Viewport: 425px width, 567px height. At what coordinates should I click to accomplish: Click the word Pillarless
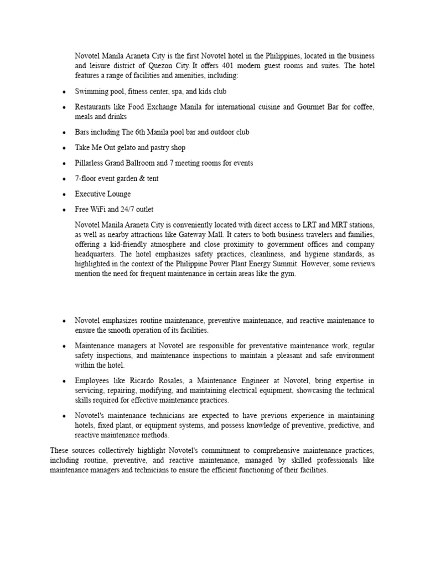91,163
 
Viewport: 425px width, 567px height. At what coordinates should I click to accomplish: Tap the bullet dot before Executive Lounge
65,195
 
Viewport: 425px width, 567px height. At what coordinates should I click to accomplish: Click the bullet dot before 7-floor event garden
65,179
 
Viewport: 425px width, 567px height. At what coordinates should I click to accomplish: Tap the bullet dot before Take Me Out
65,148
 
